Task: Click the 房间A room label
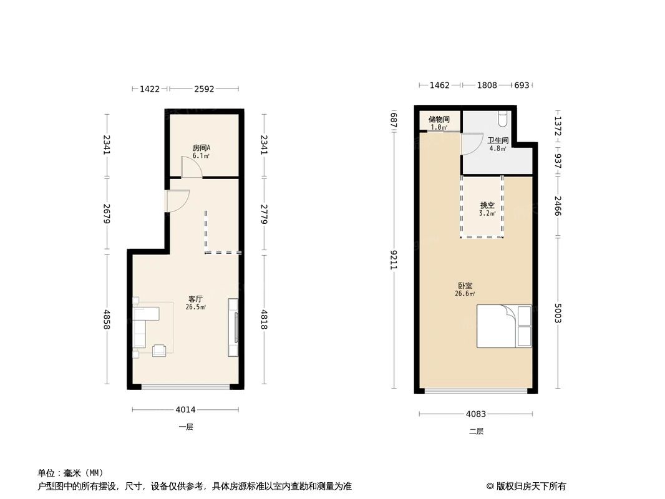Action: tap(201, 148)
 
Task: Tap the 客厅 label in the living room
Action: tap(195, 299)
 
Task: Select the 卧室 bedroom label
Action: tap(465, 286)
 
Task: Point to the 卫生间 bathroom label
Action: tap(498, 140)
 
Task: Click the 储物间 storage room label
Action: tap(439, 119)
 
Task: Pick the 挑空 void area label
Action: tap(487, 205)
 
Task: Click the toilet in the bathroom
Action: tap(503, 119)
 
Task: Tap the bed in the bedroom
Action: tap(504, 326)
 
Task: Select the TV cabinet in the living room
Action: tap(233, 327)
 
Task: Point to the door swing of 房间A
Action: tap(192, 167)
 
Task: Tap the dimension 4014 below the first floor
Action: tap(185, 410)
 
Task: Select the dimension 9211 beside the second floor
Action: tap(394, 259)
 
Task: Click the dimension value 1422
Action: tap(150, 89)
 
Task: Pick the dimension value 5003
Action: tap(558, 313)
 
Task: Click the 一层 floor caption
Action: tap(186, 427)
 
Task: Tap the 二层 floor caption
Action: tap(476, 431)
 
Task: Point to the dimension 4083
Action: tap(476, 414)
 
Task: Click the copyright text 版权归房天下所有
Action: tap(531, 487)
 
